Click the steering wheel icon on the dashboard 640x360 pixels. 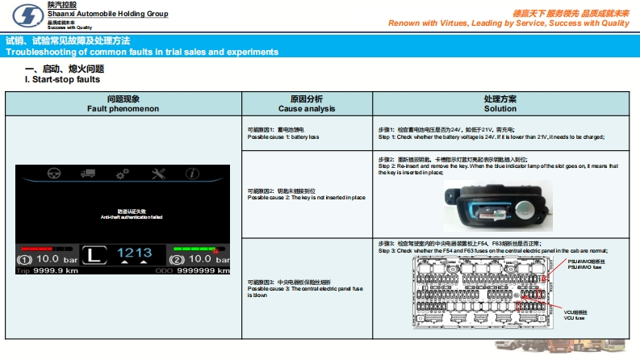pos(55,174)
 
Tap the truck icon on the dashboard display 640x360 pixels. pos(89,174)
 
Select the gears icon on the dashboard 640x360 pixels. pos(123,174)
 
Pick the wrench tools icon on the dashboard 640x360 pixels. pos(158,174)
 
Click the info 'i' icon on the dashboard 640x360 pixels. pos(192,174)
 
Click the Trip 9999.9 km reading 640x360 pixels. pos(48,271)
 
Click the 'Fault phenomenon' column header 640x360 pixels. pos(123,107)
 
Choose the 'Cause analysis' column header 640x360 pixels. pos(307,107)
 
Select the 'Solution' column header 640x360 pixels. pos(500,107)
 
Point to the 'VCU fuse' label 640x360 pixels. pos(574,317)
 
